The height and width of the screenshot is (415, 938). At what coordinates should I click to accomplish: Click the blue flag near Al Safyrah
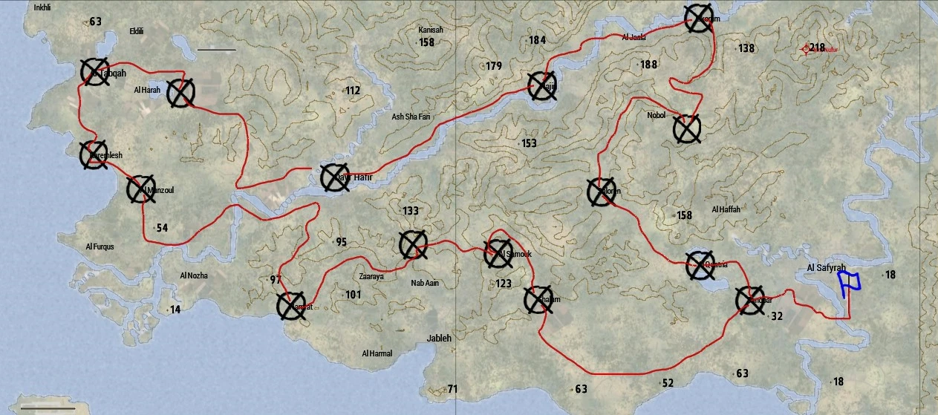tap(848, 284)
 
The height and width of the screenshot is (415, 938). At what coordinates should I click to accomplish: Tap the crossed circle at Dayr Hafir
tap(334, 177)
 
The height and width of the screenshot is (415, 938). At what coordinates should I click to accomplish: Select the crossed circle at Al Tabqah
tap(95, 73)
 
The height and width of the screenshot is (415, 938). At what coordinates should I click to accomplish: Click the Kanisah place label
tap(430, 30)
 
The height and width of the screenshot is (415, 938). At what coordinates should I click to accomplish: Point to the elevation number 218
tap(817, 48)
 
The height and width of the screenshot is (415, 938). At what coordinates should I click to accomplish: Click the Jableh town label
tap(439, 339)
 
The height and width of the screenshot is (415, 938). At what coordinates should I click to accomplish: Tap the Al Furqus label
tap(100, 246)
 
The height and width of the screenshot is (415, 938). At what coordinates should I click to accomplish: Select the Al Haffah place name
tap(726, 210)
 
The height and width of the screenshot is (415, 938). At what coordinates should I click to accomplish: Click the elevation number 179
tap(494, 66)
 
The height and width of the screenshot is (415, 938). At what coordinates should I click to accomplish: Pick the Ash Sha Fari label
tap(411, 117)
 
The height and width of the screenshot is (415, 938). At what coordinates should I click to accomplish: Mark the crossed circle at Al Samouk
tap(498, 254)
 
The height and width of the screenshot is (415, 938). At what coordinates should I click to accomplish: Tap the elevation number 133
tap(411, 211)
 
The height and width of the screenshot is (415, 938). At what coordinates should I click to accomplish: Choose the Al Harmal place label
tap(377, 353)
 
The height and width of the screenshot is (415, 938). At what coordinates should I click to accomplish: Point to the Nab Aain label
tap(426, 283)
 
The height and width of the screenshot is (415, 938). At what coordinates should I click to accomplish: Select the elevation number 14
tap(175, 310)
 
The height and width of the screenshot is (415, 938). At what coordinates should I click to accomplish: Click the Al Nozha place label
tap(194, 275)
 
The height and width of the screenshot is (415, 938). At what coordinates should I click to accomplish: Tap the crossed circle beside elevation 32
tap(749, 300)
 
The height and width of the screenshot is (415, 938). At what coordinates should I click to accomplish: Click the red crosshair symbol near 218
tap(806, 49)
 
